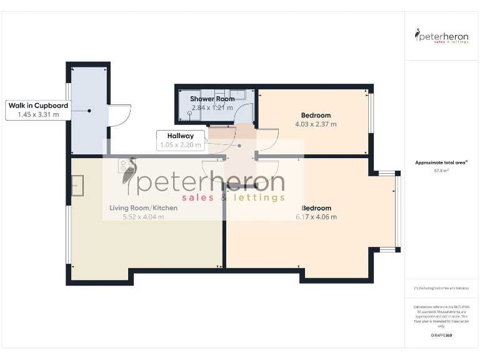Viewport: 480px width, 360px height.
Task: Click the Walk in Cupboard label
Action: [x=38, y=106]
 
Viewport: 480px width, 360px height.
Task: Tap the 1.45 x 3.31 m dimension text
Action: [x=38, y=114]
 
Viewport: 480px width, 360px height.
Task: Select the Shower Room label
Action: [x=212, y=99]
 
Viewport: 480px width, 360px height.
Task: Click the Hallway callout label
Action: [x=180, y=136]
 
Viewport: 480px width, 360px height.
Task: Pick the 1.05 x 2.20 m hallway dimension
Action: [x=180, y=144]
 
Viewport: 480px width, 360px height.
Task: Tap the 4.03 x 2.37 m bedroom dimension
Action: [x=316, y=124]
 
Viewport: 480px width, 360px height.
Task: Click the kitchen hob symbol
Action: [x=127, y=166]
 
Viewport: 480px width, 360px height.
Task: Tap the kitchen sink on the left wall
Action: [x=77, y=185]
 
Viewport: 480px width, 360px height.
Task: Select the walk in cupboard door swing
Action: [x=119, y=115]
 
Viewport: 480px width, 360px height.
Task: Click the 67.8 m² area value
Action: [x=442, y=171]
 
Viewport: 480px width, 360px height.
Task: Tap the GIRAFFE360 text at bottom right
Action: [x=442, y=336]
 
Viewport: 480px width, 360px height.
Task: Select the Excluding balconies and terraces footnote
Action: [x=442, y=288]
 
